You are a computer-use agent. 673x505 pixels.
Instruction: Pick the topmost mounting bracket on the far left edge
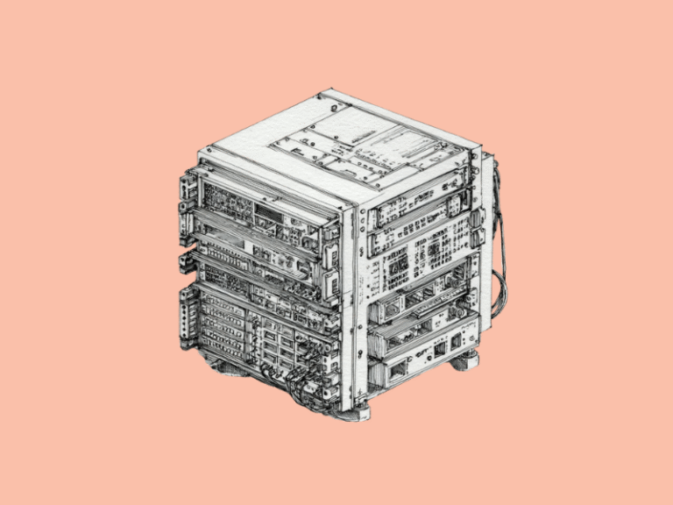(x=185, y=188)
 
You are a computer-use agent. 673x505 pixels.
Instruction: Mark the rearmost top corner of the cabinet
(x=330, y=90)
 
